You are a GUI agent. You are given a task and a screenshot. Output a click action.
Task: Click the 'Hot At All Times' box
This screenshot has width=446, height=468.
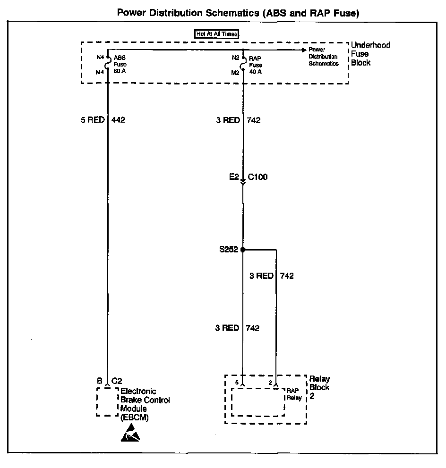tap(217, 34)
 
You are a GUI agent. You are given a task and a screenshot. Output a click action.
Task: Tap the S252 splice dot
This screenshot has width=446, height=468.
tap(243, 250)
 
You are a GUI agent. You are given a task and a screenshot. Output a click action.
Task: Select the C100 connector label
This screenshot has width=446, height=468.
tap(258, 178)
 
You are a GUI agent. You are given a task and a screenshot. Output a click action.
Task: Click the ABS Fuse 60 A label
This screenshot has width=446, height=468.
tap(120, 64)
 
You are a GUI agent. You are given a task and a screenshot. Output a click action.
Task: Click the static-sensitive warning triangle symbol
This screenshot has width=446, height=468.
tap(130, 434)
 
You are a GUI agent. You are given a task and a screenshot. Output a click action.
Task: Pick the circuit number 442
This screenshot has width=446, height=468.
tap(118, 120)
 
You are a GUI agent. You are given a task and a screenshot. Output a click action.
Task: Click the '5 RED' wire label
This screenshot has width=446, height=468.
tap(92, 120)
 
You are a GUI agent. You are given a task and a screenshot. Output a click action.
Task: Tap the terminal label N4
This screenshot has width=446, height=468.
tap(100, 57)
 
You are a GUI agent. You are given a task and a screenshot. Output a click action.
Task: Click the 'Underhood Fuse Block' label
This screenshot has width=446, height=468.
tap(370, 54)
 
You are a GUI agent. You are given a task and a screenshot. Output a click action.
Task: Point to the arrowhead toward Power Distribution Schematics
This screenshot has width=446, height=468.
tap(303, 50)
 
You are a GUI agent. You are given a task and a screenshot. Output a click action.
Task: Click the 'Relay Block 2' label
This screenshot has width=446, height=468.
tap(319, 387)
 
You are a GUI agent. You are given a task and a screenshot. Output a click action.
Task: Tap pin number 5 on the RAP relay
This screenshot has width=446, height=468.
tap(237, 382)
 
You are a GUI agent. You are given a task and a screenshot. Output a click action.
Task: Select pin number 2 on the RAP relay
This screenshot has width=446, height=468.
tap(270, 382)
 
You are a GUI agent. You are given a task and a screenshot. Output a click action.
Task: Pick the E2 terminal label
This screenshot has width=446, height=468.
tap(233, 178)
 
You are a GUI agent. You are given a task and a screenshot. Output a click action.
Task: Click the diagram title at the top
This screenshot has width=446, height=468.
tap(238, 13)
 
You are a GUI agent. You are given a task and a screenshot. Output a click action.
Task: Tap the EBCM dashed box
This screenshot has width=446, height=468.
tap(107, 402)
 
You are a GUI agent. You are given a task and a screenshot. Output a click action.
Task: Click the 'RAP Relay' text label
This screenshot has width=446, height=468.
tap(294, 394)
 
